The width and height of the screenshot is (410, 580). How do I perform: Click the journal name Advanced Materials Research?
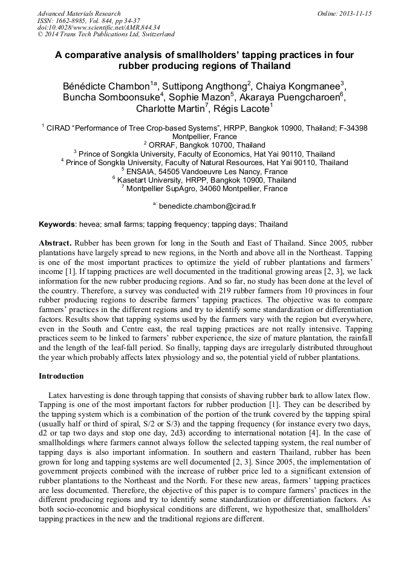coord(79,13)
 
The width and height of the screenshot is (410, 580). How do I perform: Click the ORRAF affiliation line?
coord(204,145)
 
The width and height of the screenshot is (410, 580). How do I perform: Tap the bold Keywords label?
coord(57,224)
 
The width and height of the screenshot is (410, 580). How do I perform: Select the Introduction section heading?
coord(61,376)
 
